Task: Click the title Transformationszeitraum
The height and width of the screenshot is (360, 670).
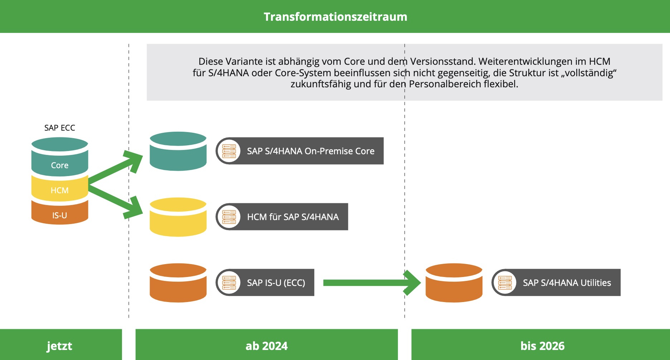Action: [335, 17]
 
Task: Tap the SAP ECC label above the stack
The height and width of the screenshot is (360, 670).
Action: [60, 128]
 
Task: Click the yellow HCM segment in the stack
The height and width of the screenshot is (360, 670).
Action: [59, 190]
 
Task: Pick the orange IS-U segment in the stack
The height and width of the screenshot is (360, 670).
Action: [59, 215]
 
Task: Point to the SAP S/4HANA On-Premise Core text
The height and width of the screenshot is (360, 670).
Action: [311, 151]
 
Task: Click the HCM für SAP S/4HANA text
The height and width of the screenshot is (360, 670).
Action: [293, 217]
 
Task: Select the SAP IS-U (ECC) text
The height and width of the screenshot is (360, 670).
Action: [276, 283]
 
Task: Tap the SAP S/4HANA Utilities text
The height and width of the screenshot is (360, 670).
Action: [567, 283]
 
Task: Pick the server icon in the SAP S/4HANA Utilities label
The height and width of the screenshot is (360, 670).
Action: [505, 283]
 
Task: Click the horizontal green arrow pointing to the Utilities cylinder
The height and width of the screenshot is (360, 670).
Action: [369, 283]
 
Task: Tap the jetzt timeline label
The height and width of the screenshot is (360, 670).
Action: [59, 346]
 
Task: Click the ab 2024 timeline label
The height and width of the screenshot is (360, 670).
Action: [267, 346]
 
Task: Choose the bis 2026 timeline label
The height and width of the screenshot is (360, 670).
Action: [542, 346]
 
